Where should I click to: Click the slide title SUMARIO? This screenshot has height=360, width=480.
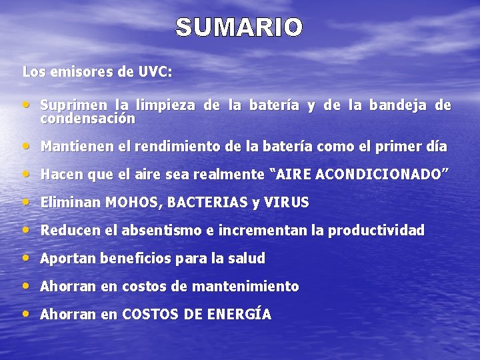[239, 28]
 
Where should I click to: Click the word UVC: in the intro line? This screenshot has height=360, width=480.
[155, 72]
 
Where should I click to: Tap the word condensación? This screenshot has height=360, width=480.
[87, 119]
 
